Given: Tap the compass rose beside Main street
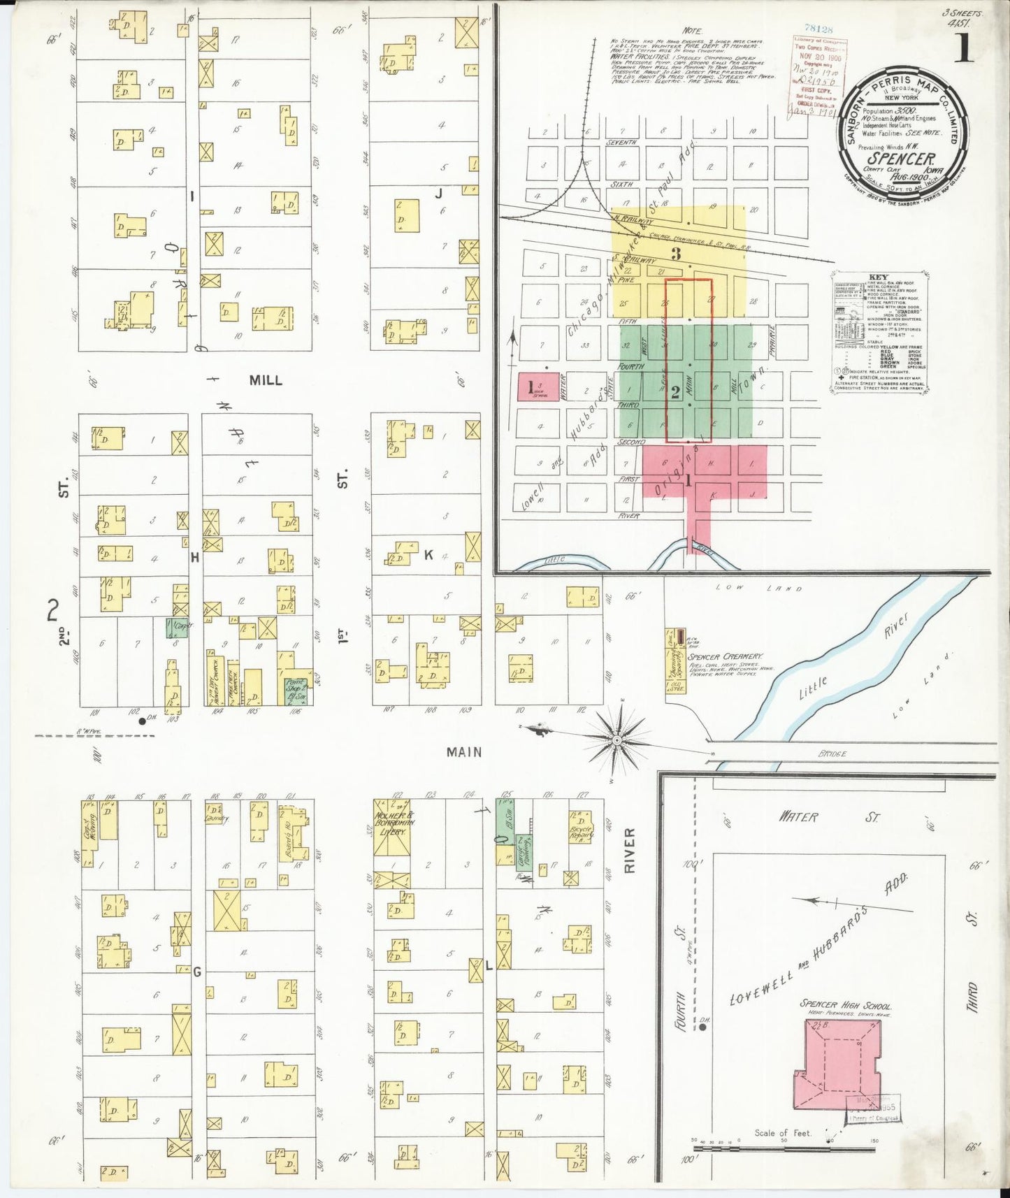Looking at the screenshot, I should click(617, 739).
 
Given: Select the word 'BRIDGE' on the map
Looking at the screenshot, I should click(830, 754).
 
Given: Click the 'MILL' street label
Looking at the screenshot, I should click(266, 380).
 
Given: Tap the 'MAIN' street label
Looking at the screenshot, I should click(464, 752).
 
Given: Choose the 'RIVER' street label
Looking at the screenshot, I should click(628, 851).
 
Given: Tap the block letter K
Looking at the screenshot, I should click(428, 555).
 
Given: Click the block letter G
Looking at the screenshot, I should click(197, 972).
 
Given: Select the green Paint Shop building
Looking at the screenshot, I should click(297, 690).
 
